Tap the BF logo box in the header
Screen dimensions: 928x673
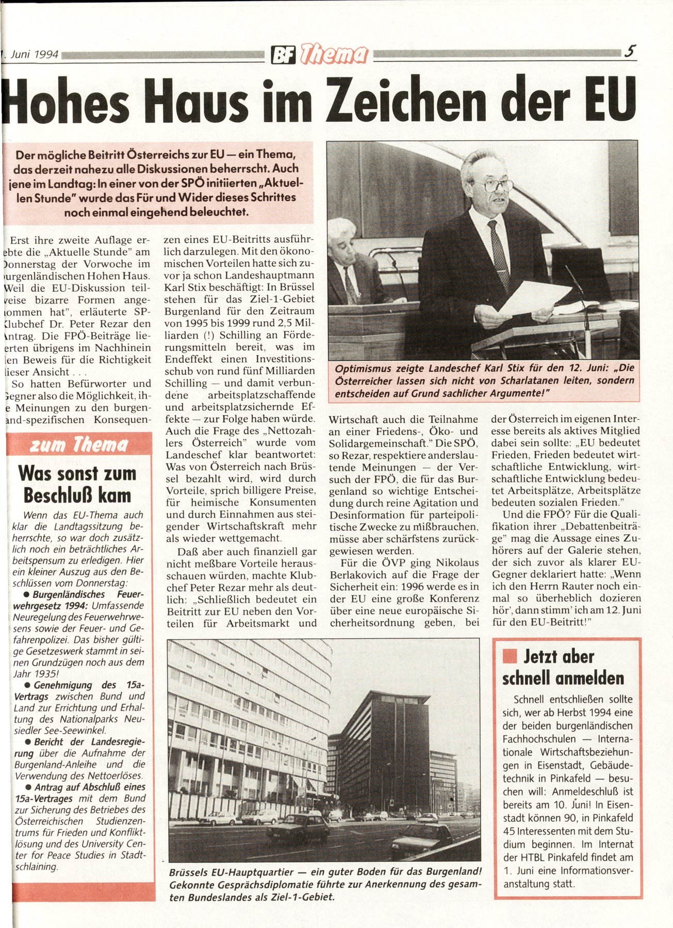coord(283,54)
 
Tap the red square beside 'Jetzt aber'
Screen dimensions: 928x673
coord(510,656)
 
